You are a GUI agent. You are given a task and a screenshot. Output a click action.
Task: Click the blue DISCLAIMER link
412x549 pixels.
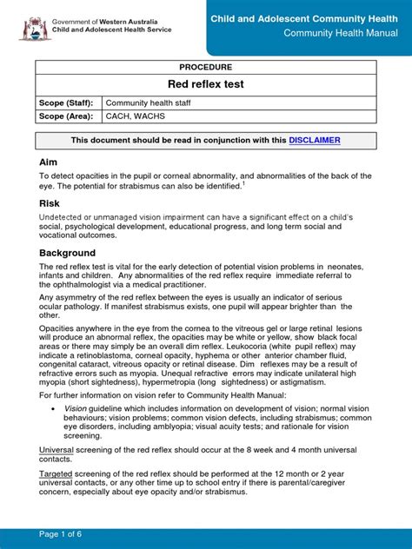point(315,140)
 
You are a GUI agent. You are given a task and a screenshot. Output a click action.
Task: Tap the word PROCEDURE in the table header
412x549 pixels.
point(206,65)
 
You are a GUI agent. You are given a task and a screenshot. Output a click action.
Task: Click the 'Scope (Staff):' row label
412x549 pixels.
point(65,103)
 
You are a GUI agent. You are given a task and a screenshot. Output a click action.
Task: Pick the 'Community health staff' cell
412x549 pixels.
point(147,103)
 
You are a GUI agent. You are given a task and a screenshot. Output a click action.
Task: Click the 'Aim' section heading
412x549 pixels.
point(49,163)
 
